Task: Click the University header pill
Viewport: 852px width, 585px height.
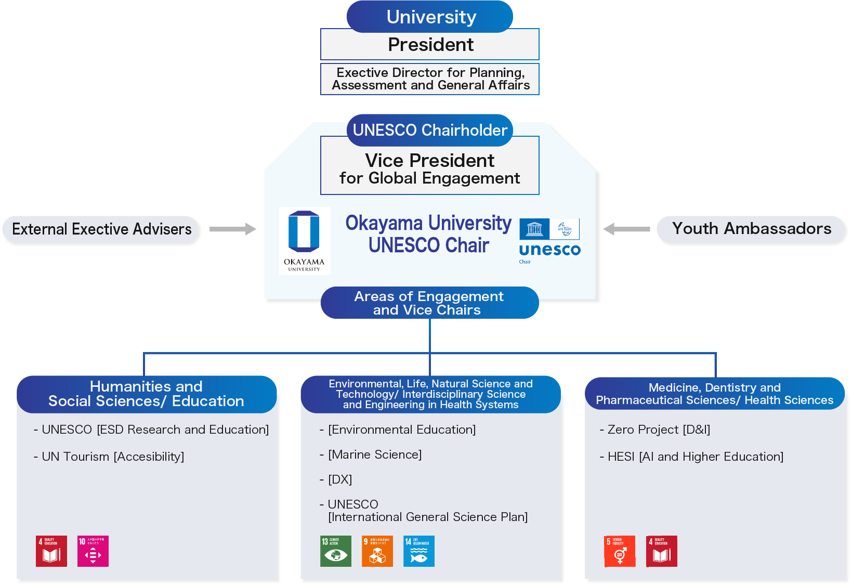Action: pyautogui.click(x=430, y=17)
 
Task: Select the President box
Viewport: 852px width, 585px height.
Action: pyautogui.click(x=430, y=45)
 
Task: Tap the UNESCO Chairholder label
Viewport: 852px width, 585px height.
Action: pyautogui.click(x=430, y=130)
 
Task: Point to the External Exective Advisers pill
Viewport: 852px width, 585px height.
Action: pyautogui.click(x=102, y=229)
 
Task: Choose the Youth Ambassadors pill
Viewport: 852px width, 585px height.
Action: pyautogui.click(x=752, y=229)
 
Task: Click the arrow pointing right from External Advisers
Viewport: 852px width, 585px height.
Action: pyautogui.click(x=232, y=229)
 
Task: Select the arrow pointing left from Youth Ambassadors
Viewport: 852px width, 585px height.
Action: pyautogui.click(x=626, y=229)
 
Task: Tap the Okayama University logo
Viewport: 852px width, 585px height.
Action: pyautogui.click(x=304, y=241)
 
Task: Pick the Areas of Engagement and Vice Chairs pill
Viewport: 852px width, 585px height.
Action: pyautogui.click(x=430, y=303)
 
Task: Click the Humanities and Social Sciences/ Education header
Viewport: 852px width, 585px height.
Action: pyautogui.click(x=146, y=394)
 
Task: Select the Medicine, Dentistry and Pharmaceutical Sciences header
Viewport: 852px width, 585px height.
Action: pyautogui.click(x=714, y=394)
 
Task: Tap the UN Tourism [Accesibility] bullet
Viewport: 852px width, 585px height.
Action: pyautogui.click(x=109, y=457)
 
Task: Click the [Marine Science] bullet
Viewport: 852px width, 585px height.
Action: pyautogui.click(x=371, y=454)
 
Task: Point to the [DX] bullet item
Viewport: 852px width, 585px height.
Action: pyautogui.click(x=336, y=479)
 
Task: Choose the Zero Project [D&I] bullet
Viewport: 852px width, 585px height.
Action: pyautogui.click(x=655, y=430)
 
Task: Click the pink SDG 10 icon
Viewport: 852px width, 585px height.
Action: pyautogui.click(x=93, y=551)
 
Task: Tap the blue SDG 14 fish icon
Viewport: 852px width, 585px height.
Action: pyautogui.click(x=419, y=551)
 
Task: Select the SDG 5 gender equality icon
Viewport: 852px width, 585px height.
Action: pyautogui.click(x=620, y=551)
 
